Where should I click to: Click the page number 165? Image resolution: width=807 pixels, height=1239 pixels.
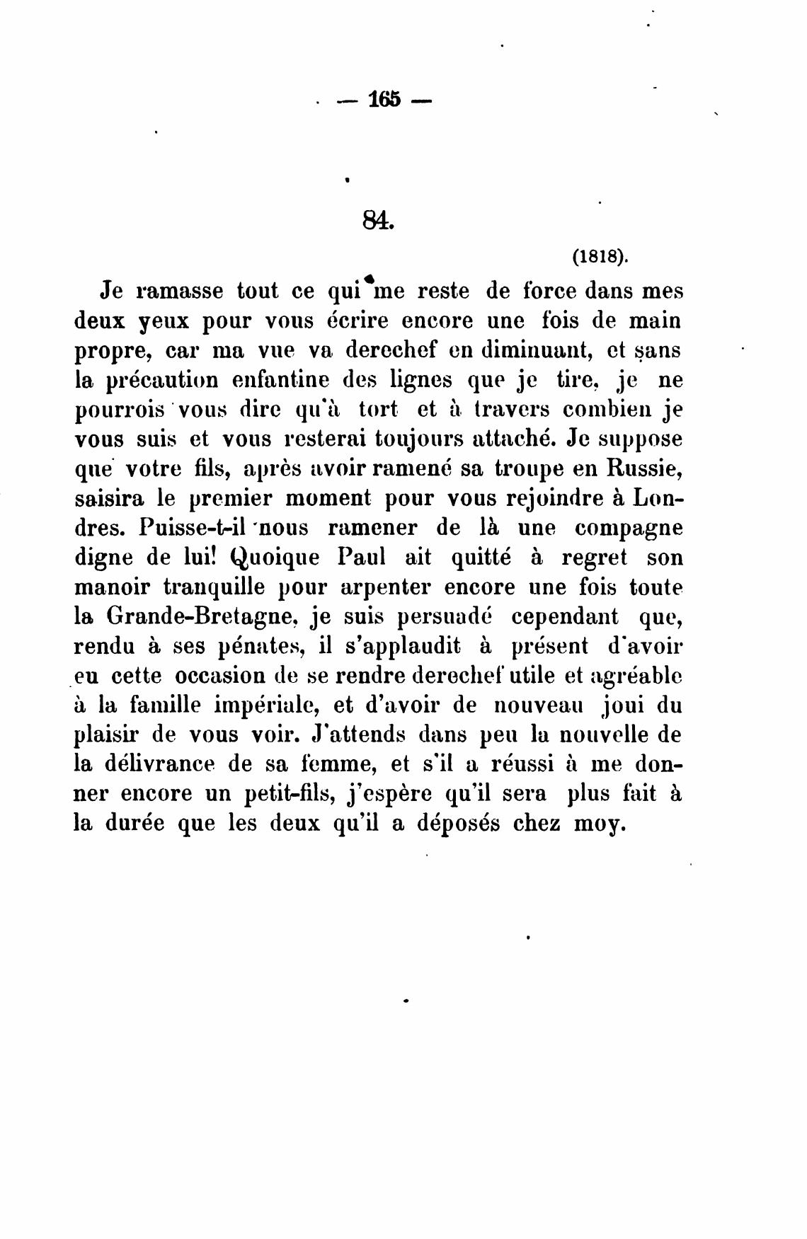click(x=384, y=100)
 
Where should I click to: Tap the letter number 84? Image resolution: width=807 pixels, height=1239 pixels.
click(x=376, y=221)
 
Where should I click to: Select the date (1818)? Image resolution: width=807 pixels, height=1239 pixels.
click(x=599, y=258)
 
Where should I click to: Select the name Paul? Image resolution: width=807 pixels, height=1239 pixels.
click(x=361, y=558)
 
